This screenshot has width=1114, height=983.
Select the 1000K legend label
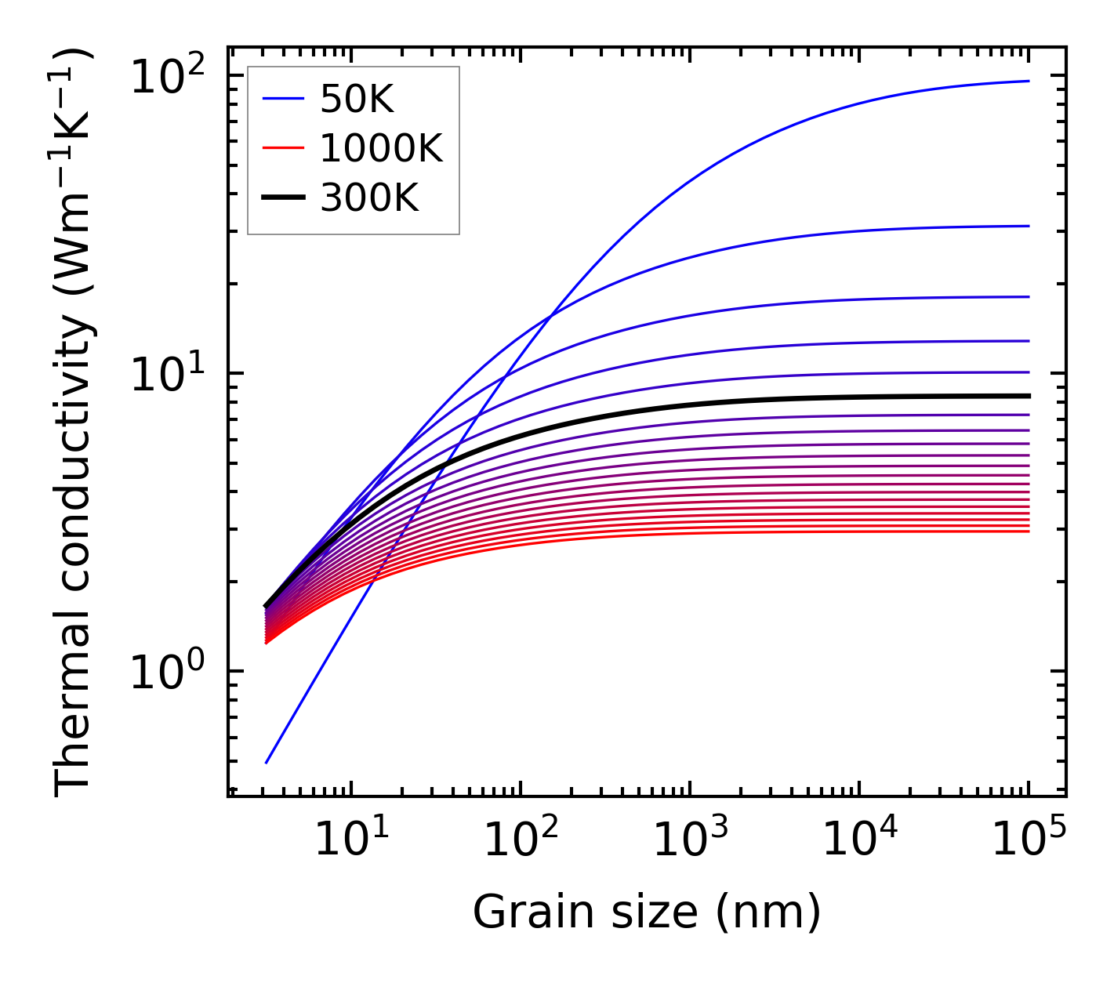click(381, 148)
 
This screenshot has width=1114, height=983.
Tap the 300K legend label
click(369, 198)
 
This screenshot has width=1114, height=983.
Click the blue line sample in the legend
click(282, 99)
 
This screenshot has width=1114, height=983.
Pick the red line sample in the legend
click(282, 148)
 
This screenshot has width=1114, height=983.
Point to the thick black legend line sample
click(282, 198)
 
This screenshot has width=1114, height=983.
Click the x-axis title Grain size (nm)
click(647, 912)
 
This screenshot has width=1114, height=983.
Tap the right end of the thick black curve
click(1028, 396)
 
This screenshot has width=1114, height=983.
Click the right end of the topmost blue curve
click(1028, 81)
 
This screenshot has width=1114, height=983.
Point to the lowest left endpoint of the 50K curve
click(267, 763)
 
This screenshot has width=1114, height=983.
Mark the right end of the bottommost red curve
click(1028, 531)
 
